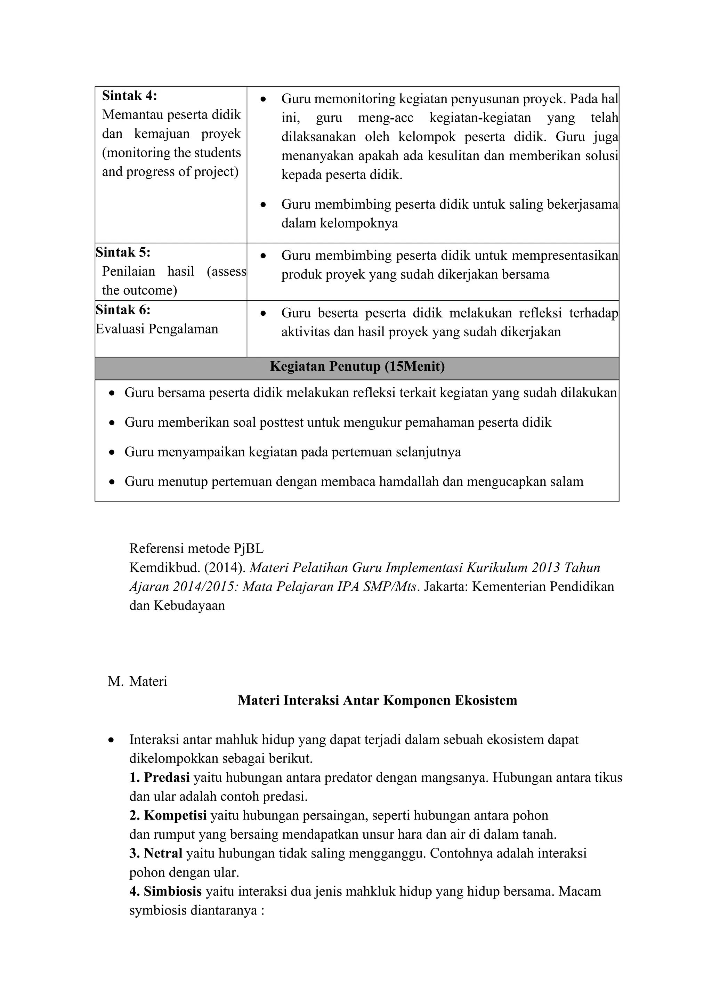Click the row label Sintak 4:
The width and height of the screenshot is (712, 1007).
pyautogui.click(x=129, y=96)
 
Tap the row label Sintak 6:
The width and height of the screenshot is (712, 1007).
pyautogui.click(x=123, y=310)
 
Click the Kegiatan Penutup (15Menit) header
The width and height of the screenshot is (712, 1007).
pyautogui.click(x=357, y=366)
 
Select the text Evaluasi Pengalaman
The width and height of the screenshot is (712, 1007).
pyautogui.click(x=156, y=329)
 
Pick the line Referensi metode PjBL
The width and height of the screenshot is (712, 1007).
pyautogui.click(x=196, y=549)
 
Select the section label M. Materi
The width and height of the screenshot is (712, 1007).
pyautogui.click(x=138, y=682)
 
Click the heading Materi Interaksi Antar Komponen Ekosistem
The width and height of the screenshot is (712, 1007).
pyautogui.click(x=377, y=700)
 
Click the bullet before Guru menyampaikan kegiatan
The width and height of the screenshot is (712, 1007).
pyautogui.click(x=113, y=452)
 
